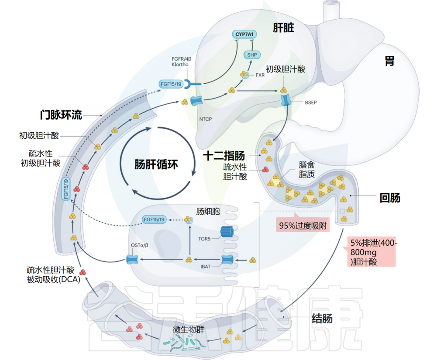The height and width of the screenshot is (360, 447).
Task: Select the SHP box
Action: pyautogui.click(x=252, y=55)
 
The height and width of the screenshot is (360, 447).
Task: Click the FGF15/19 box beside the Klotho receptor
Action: pyautogui.click(x=171, y=84)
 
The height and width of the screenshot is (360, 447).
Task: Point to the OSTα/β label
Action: pyautogui.click(x=140, y=245)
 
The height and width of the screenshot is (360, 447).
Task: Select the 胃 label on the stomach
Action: pyautogui.click(x=389, y=61)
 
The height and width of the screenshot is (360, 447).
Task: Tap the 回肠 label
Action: pyautogui.click(x=389, y=198)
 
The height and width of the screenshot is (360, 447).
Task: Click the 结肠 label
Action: pyautogui.click(x=322, y=318)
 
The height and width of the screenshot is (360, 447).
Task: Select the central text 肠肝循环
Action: pyautogui.click(x=156, y=165)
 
